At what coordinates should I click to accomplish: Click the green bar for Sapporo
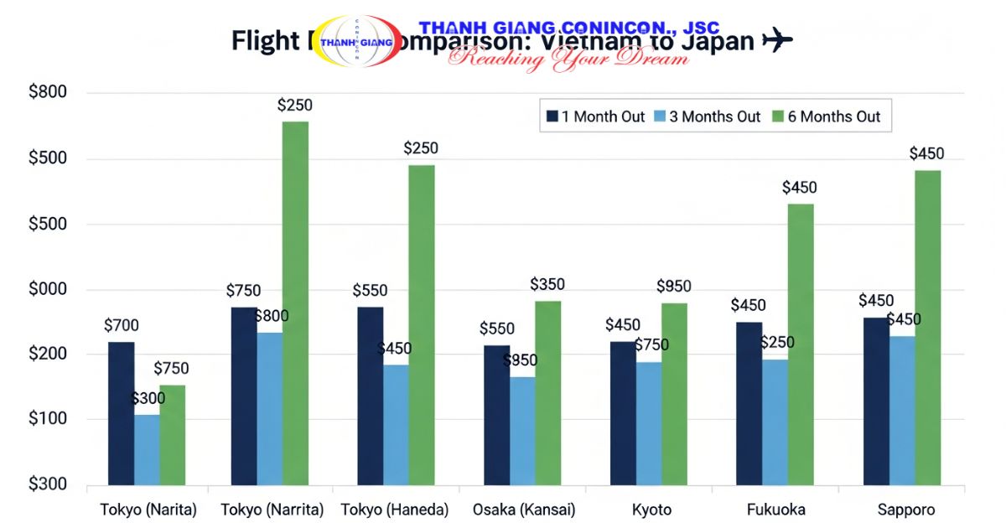pos(927,327)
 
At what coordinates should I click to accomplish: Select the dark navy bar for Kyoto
pos(623,412)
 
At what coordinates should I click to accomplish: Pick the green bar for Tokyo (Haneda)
pos(422,324)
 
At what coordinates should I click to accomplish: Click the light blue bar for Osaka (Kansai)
pos(522,430)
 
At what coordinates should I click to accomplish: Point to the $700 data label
pos(122,326)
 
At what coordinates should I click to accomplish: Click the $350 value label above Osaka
pos(547,285)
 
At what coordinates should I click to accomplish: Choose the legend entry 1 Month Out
pos(595,116)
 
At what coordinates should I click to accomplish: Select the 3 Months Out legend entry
pos(713,116)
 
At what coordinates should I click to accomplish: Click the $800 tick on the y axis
pos(48,92)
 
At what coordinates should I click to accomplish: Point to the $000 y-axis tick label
pos(48,289)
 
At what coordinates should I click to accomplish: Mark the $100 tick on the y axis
pos(48,419)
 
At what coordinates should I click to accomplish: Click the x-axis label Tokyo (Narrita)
pos(272,510)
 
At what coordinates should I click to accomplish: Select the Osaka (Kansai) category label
pos(522,510)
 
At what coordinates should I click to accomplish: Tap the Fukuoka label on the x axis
pos(775,510)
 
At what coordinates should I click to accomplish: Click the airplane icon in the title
pos(777,39)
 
